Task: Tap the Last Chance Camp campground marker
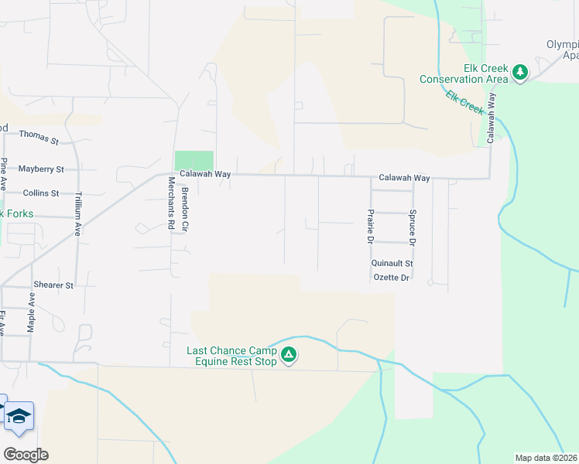coord(289,356)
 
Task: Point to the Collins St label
coord(41,193)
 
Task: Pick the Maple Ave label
coord(32,312)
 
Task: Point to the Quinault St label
coord(392,263)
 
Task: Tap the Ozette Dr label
coord(390,277)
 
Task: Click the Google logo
coord(25,454)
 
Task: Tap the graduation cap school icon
coord(19,417)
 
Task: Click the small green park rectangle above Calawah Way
coord(194,161)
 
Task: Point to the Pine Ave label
coord(4,175)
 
